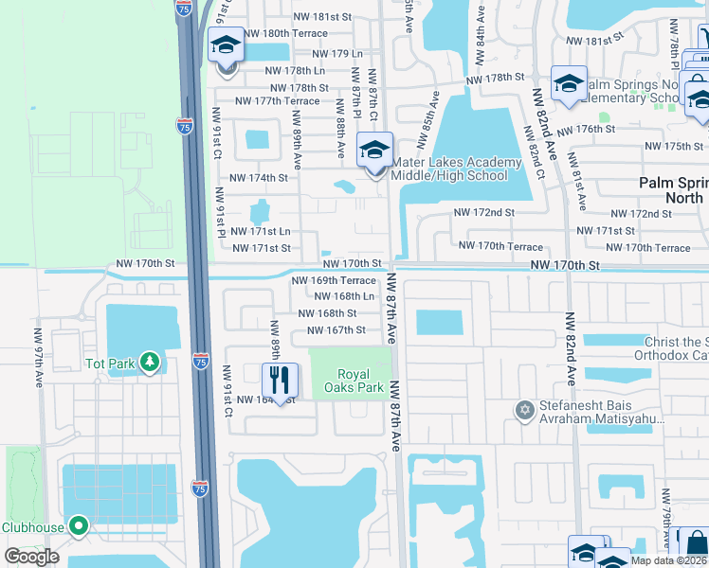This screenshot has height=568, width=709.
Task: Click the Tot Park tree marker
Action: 150,364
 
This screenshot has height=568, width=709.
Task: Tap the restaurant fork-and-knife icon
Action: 279,381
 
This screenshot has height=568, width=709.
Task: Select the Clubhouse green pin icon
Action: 79,526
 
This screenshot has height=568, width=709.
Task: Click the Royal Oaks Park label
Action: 360,379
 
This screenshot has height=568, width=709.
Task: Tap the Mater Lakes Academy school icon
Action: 374,150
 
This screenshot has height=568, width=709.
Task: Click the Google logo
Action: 31,557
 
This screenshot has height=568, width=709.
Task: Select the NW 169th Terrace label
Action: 334,280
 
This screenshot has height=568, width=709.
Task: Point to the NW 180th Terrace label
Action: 284,33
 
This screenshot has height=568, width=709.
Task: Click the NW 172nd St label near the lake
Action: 483,213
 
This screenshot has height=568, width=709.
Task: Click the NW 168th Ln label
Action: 345,296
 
